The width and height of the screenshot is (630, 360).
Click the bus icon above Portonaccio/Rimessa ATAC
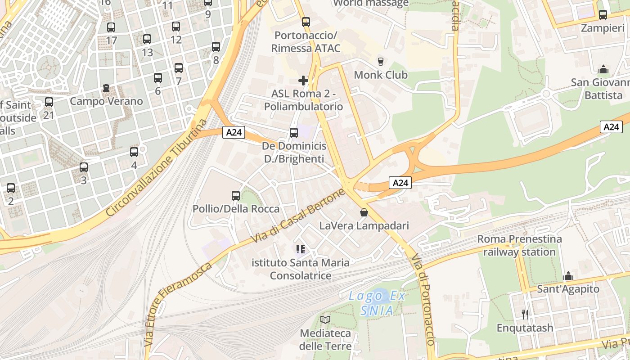pos(306,22)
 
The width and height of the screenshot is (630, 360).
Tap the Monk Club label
pos(381,75)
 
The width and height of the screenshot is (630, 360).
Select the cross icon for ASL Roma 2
pos(303,81)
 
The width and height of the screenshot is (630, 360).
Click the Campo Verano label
pos(106,101)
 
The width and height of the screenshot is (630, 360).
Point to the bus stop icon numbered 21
pos(49,102)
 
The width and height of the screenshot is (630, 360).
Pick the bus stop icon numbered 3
pos(84,167)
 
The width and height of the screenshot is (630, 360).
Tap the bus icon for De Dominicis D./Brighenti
pos(294,133)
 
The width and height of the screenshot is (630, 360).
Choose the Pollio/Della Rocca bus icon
pos(236,196)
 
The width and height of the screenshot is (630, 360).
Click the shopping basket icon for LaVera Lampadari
pos(364,212)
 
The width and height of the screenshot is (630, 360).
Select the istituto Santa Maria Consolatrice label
pos(301,269)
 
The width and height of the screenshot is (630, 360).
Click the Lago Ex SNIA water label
pos(377,303)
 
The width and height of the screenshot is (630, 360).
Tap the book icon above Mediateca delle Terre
pos(325,319)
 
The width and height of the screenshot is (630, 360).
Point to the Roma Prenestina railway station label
pos(519,245)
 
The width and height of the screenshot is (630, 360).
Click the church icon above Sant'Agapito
pos(568,276)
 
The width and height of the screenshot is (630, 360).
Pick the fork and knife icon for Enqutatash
pos(525,314)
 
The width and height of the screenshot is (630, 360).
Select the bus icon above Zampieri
pos(603,15)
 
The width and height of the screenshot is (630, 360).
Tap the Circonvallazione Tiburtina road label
pos(157,167)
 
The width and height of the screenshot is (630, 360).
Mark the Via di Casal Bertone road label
pos(298,216)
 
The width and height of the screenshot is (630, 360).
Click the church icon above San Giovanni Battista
pos(603,69)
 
